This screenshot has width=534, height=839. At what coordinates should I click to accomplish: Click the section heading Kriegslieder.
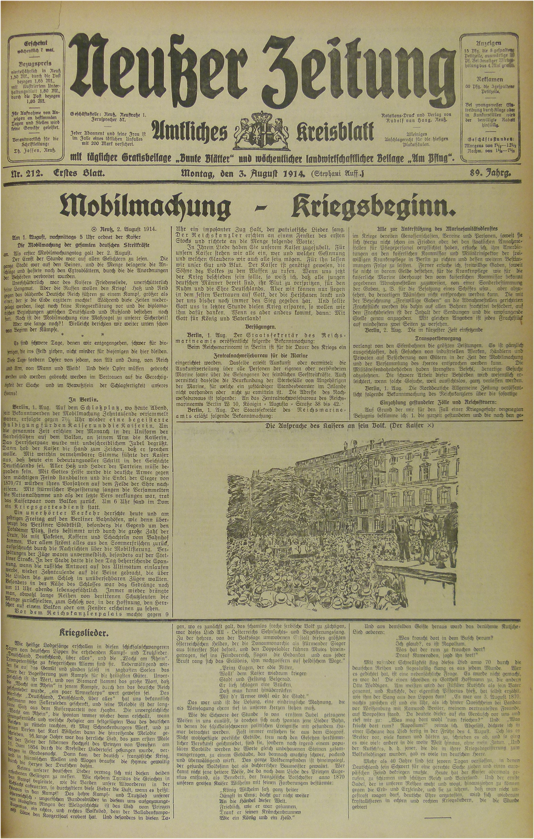click(x=84, y=632)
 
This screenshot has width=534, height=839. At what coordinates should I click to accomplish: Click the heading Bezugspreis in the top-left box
click(x=35, y=64)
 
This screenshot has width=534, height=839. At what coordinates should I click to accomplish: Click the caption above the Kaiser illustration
click(x=349, y=426)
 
